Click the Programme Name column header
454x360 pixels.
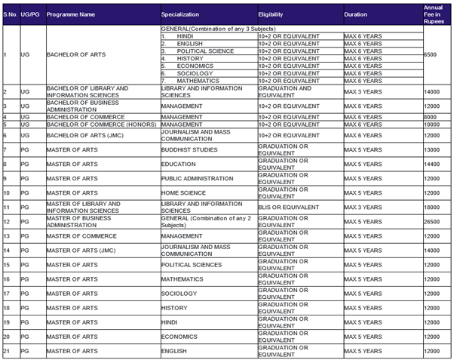[x=71, y=14]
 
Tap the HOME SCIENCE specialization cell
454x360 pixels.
[x=183, y=193]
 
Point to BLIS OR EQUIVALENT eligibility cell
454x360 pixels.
[x=288, y=208]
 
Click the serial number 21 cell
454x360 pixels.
[x=6, y=351]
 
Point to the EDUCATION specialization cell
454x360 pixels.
[x=179, y=164]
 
